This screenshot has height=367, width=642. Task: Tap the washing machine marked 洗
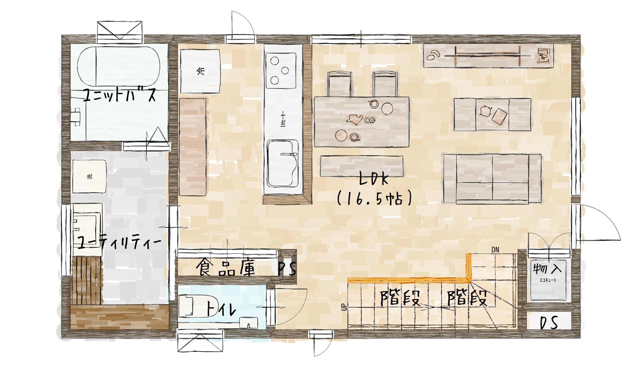(x=90, y=176)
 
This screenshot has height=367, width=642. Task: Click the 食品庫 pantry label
(x=226, y=267)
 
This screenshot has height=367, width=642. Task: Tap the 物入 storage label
(x=546, y=269)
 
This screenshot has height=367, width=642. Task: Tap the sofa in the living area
(x=492, y=179)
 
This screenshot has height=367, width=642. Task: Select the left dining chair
(x=340, y=84)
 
